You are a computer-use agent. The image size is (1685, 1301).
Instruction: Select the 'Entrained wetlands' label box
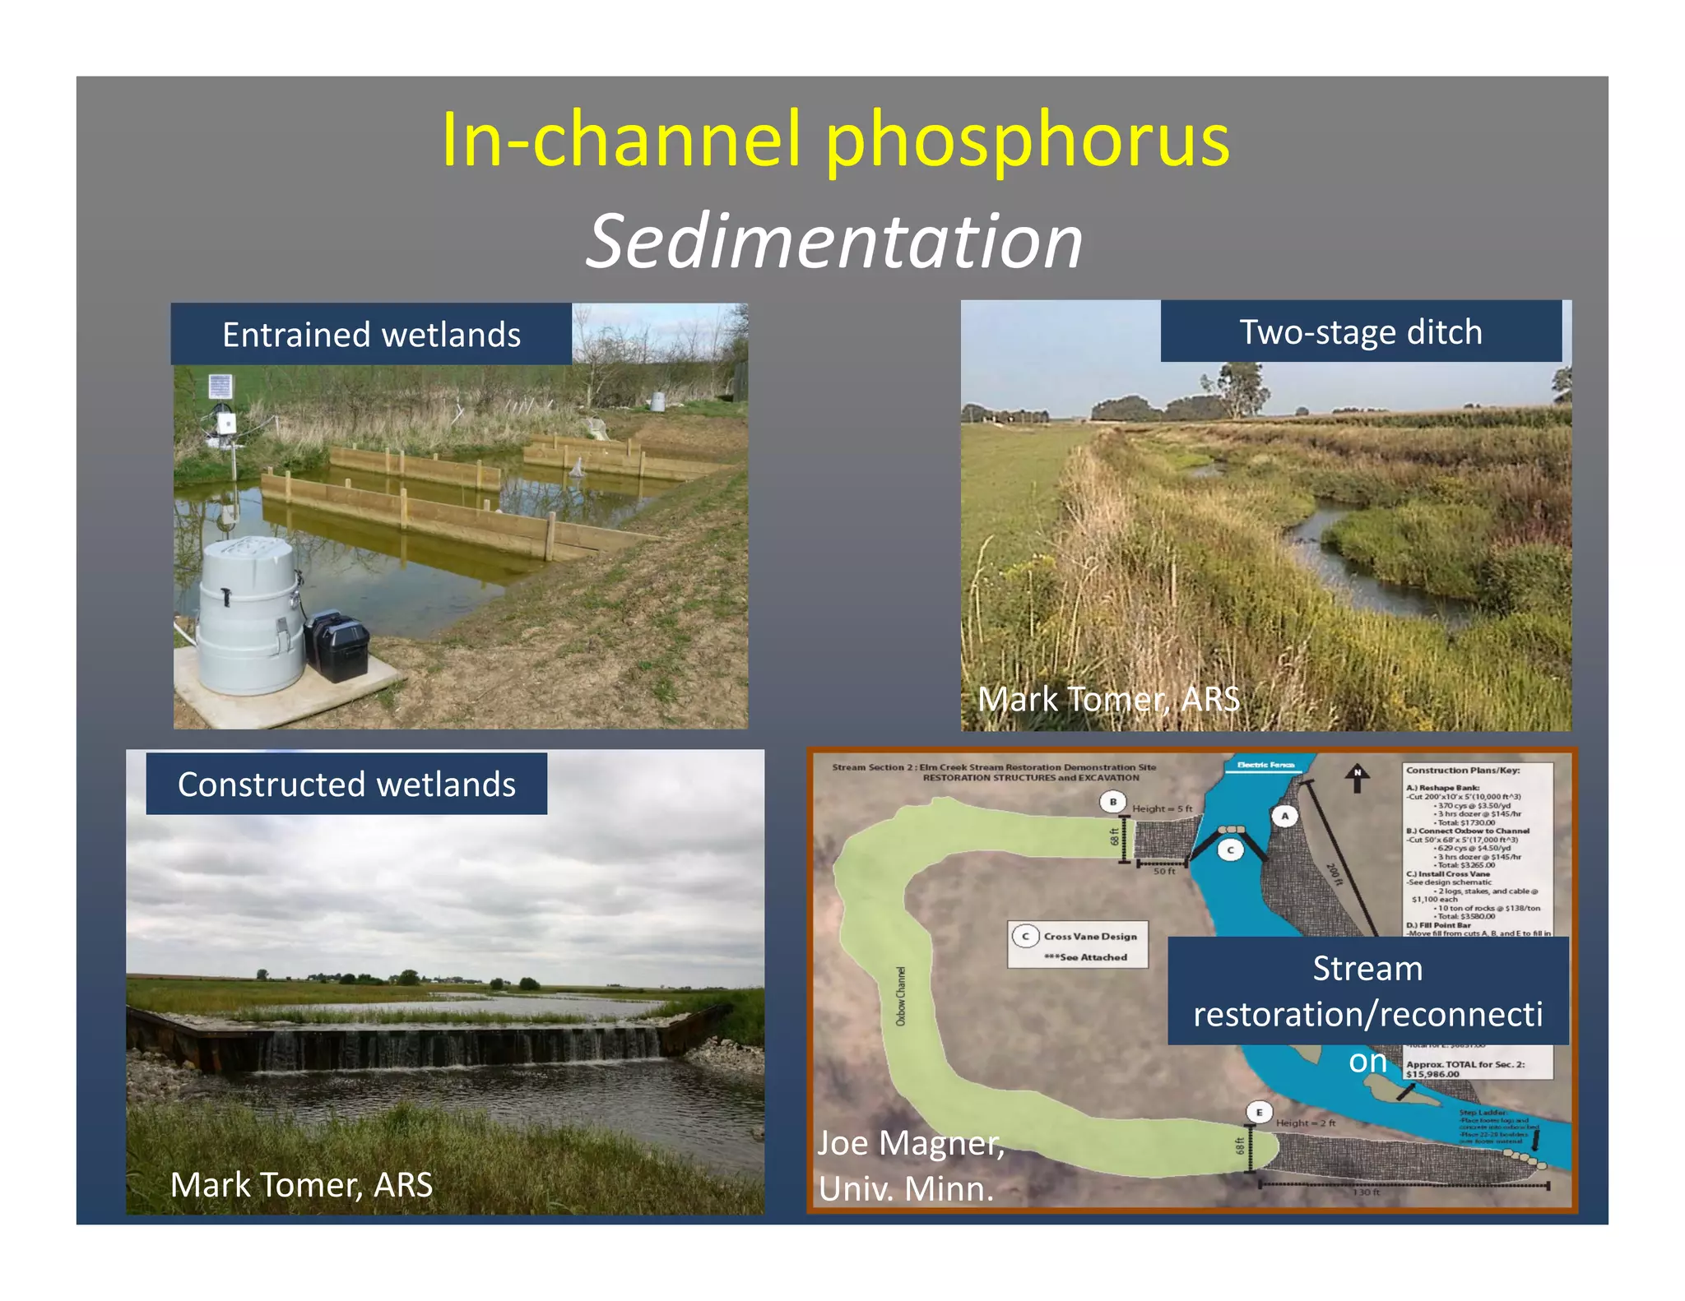click(371, 335)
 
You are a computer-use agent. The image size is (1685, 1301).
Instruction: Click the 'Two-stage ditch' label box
click(1360, 331)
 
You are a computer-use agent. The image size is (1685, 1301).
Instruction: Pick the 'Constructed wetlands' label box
click(346, 784)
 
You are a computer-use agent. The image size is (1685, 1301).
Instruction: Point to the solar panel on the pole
click(220, 386)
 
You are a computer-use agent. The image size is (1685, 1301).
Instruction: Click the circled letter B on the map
click(1112, 802)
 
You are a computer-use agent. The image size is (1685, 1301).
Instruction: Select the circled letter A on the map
click(1284, 816)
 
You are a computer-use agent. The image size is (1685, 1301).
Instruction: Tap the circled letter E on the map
click(1259, 1113)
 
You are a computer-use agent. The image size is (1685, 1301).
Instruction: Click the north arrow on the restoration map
click(1357, 778)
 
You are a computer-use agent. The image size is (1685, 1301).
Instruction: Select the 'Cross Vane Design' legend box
click(1078, 945)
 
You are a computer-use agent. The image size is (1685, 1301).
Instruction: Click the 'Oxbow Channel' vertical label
click(900, 996)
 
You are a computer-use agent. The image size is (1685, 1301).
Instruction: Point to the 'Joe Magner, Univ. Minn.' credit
click(910, 1165)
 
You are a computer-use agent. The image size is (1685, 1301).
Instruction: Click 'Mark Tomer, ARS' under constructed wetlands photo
click(301, 1185)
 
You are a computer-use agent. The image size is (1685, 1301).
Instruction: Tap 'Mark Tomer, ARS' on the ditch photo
click(1107, 700)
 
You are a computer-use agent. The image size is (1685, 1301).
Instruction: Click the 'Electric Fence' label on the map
click(1265, 765)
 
